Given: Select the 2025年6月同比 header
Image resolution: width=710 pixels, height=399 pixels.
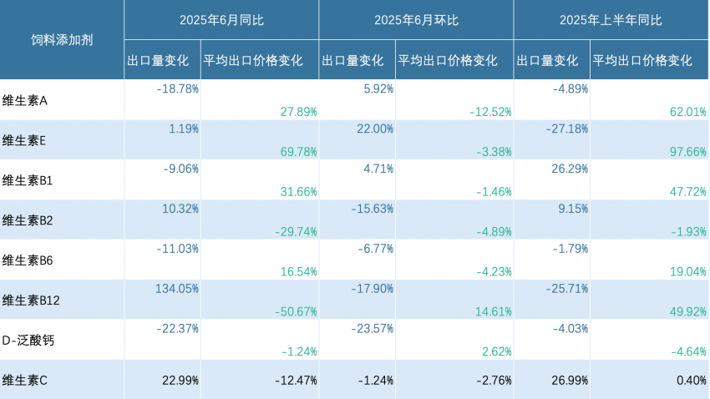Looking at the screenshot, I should [x=221, y=20].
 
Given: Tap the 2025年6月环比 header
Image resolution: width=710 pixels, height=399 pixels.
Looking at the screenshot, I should [x=416, y=20].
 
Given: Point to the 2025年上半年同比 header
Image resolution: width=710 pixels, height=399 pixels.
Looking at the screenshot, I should [x=611, y=20].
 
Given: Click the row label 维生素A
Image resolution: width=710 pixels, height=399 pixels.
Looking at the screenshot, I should [x=25, y=100].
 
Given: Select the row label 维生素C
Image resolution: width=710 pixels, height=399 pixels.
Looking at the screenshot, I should [x=25, y=381].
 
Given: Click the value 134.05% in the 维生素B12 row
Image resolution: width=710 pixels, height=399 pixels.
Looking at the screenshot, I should [x=177, y=288].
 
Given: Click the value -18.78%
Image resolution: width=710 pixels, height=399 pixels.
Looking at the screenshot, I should [x=177, y=88].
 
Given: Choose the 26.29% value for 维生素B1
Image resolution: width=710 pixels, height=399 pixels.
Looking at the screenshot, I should [x=571, y=168].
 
